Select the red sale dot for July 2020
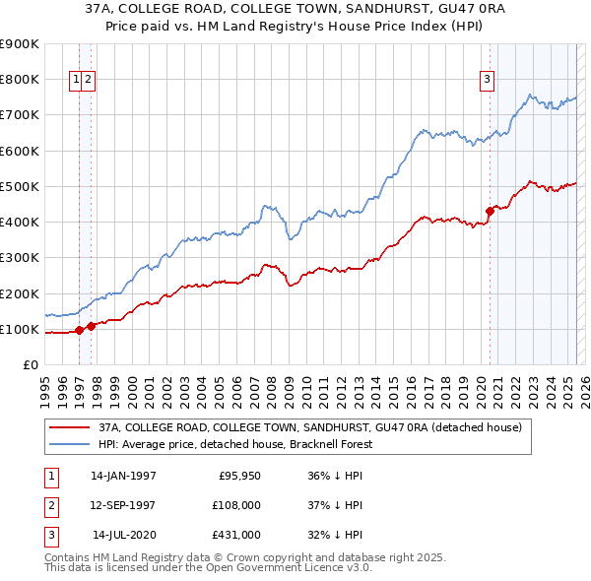(490, 210)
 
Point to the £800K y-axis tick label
(20, 80)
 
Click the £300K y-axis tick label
(20, 258)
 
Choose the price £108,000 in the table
(237, 505)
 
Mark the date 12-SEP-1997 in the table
(123, 505)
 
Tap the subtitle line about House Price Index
(295, 29)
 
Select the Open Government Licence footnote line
(209, 568)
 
